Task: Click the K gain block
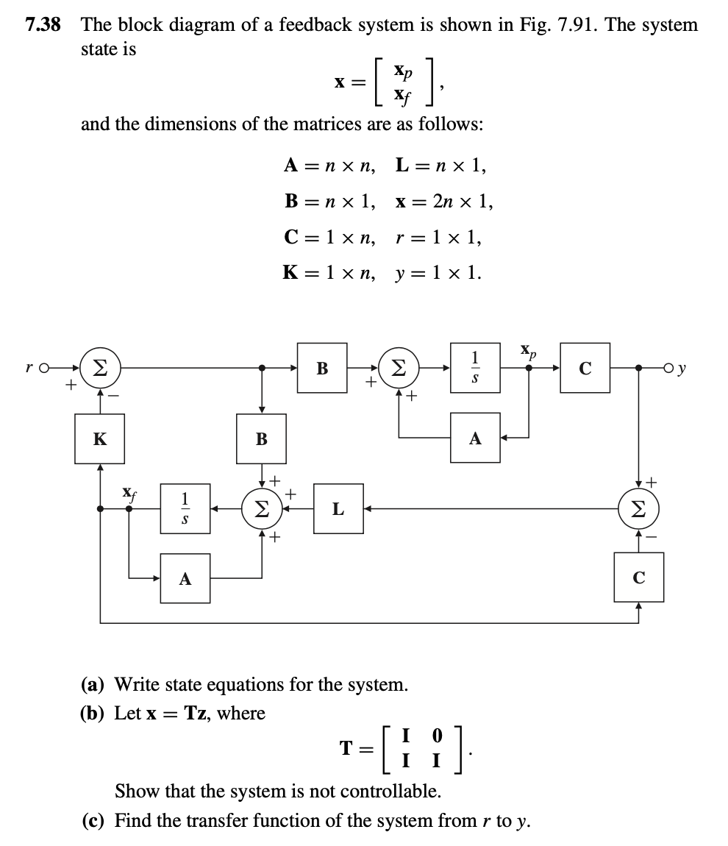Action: (99, 439)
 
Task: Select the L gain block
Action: (338, 508)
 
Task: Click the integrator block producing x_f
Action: (185, 508)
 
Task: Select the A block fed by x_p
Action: (475, 438)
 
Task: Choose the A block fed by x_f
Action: (185, 578)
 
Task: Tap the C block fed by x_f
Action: (638, 578)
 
